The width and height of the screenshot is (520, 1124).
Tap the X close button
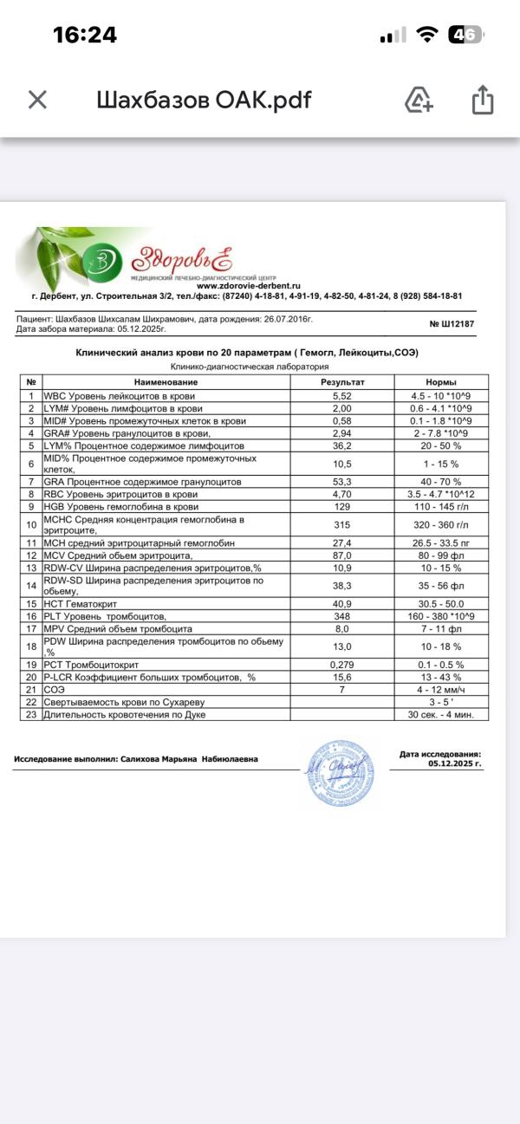37,100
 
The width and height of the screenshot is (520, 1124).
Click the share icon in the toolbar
482,100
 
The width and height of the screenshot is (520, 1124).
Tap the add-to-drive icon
419,100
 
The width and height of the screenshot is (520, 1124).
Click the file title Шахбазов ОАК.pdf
203,100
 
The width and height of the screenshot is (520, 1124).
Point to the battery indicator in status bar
465,35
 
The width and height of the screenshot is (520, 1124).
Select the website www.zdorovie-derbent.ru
248,285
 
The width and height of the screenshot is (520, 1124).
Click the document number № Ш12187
452,324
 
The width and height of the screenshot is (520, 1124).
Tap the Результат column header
342,382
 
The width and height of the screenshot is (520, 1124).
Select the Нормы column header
441,382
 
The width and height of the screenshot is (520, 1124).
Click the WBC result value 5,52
342,395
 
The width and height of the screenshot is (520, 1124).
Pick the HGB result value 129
342,505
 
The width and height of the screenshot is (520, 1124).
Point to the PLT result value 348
342,616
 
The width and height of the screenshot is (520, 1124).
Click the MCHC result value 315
342,523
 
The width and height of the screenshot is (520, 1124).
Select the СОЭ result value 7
342,689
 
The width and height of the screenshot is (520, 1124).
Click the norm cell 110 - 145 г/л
441,505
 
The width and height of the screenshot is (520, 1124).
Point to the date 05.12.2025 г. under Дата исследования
454,764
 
